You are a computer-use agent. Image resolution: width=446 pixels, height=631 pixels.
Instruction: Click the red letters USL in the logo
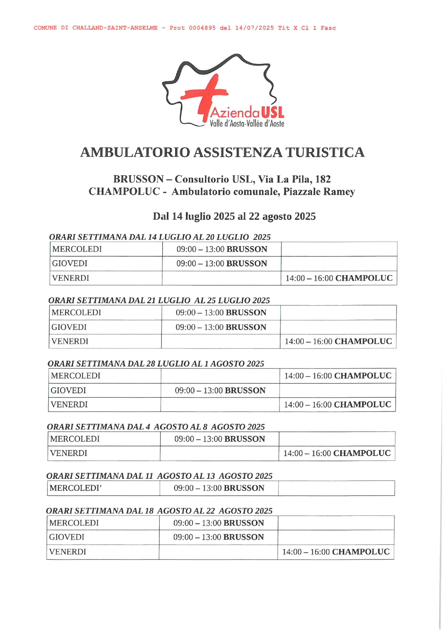(273, 113)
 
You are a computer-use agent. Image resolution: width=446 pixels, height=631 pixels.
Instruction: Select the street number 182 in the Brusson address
(323, 179)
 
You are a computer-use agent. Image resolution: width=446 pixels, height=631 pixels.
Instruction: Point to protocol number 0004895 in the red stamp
(202, 28)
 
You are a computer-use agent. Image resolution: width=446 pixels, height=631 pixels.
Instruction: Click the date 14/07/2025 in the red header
(254, 28)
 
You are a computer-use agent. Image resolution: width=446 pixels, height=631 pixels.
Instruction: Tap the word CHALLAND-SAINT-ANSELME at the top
(115, 28)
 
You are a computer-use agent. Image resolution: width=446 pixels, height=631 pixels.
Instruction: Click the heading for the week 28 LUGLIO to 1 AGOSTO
(156, 364)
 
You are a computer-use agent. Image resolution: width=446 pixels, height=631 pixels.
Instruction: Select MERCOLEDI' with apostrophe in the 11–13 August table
(76, 488)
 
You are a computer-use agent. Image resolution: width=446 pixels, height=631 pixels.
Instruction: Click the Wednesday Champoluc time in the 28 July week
(338, 376)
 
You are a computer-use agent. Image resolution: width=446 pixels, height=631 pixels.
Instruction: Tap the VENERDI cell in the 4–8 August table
(69, 453)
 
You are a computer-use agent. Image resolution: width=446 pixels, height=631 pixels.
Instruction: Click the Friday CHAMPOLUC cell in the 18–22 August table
(336, 552)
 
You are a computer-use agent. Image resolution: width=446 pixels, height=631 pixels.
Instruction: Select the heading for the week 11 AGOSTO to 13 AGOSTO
(159, 476)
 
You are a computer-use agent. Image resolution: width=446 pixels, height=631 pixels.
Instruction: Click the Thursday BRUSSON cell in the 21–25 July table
(221, 327)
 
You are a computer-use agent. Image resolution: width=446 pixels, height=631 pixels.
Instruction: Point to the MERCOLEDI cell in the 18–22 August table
(74, 523)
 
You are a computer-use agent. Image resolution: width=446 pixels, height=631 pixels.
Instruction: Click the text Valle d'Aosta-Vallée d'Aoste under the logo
(247, 124)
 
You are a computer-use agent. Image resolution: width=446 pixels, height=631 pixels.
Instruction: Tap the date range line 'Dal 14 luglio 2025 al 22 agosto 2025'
(234, 216)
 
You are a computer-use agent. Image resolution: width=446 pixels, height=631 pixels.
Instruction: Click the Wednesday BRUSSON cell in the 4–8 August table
(219, 439)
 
